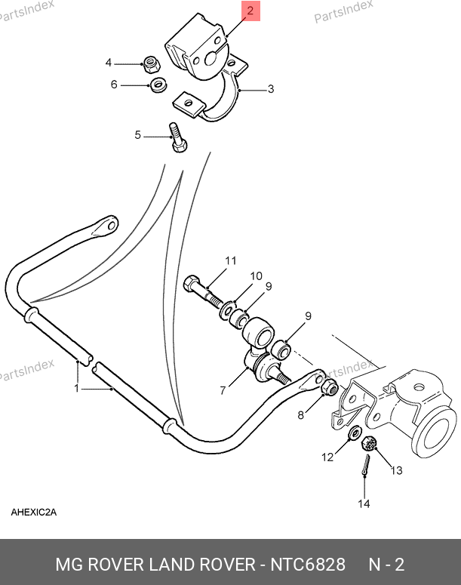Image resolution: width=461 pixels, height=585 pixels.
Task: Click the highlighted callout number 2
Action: [250, 11]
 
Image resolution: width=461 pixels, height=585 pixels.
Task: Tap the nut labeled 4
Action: [152, 64]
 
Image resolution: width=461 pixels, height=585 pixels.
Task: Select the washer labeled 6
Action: [158, 85]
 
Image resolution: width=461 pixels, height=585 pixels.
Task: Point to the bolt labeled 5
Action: [177, 137]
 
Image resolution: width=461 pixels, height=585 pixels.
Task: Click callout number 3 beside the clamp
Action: [271, 89]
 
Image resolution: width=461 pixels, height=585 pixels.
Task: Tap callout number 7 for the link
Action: [223, 390]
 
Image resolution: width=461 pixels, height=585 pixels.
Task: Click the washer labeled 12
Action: [354, 433]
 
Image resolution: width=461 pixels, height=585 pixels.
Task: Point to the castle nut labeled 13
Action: [369, 443]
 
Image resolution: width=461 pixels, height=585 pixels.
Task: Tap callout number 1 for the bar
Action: [76, 389]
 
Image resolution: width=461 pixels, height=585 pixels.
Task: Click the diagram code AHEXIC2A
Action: [33, 513]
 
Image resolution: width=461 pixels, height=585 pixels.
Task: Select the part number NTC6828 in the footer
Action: [308, 565]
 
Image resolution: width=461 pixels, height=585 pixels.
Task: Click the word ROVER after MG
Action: [115, 565]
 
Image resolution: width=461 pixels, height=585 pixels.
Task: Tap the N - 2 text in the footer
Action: [386, 565]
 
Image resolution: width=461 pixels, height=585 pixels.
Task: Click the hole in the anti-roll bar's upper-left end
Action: [111, 226]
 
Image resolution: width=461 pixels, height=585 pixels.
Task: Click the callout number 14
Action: [364, 504]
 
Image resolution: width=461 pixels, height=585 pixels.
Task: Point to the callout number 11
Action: [231, 260]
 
